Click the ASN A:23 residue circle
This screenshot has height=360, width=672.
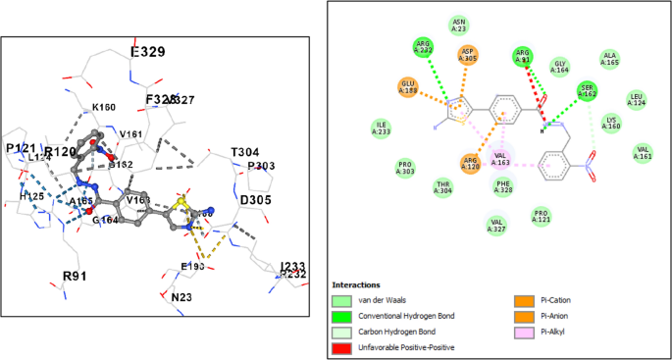click(x=458, y=25)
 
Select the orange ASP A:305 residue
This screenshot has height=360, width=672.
click(x=468, y=55)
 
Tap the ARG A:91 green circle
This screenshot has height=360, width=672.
click(x=523, y=58)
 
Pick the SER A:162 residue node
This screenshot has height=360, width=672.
click(x=588, y=92)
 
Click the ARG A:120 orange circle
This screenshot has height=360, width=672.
click(x=471, y=163)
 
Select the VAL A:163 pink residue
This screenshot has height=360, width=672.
click(x=500, y=157)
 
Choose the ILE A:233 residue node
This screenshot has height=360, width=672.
click(x=382, y=127)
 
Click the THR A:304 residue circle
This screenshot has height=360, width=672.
click(x=442, y=189)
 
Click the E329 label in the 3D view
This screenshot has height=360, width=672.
click(x=148, y=52)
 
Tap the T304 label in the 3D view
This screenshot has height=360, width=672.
click(x=245, y=152)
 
